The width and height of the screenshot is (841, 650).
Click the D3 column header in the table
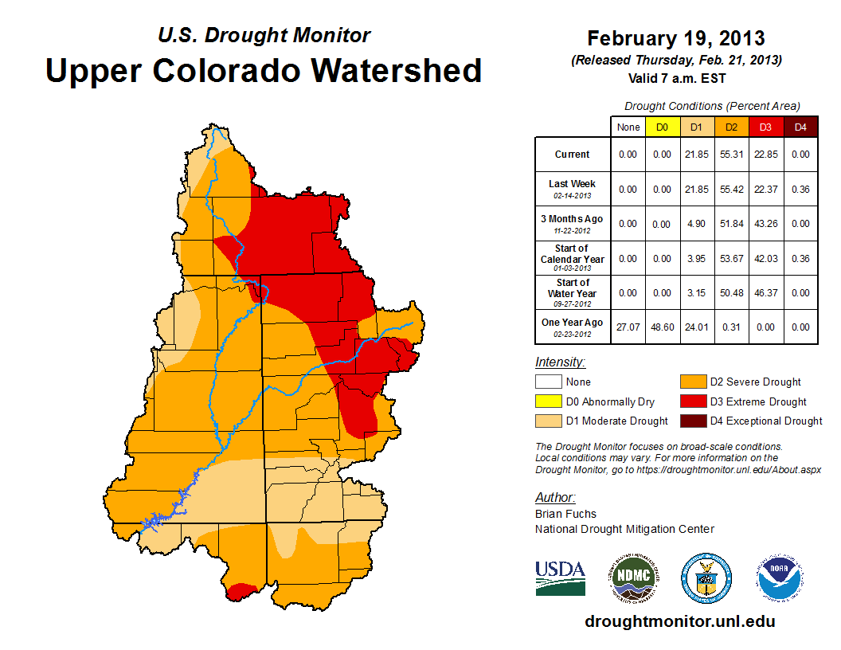pos(765,127)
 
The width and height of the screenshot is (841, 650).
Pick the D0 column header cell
pos(662,127)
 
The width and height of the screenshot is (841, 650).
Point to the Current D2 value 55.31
pos(731,155)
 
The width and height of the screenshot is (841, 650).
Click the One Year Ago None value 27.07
pos(628,327)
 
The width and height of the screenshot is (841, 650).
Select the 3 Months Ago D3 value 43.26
pos(765,224)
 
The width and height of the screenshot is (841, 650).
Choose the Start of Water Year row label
pos(573,292)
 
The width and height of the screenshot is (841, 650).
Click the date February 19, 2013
pos(675,38)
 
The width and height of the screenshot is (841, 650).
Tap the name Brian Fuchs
pos(565,514)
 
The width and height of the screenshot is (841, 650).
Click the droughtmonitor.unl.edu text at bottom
pos(679,621)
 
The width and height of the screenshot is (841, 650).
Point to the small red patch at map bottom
pos(241,590)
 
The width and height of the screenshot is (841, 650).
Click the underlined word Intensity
pos(560,362)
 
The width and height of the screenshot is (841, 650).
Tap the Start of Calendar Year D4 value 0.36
pos(800,258)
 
